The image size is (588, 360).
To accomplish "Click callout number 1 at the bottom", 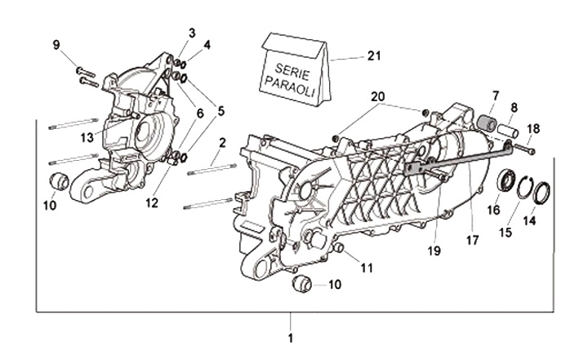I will [x=292, y=336].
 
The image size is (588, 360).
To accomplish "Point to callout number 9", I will [x=57, y=44].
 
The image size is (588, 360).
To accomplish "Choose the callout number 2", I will [x=222, y=144].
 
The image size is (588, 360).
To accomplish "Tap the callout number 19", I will [x=434, y=251].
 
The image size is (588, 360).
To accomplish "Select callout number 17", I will [x=471, y=240].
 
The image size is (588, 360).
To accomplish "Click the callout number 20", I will [x=378, y=96].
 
